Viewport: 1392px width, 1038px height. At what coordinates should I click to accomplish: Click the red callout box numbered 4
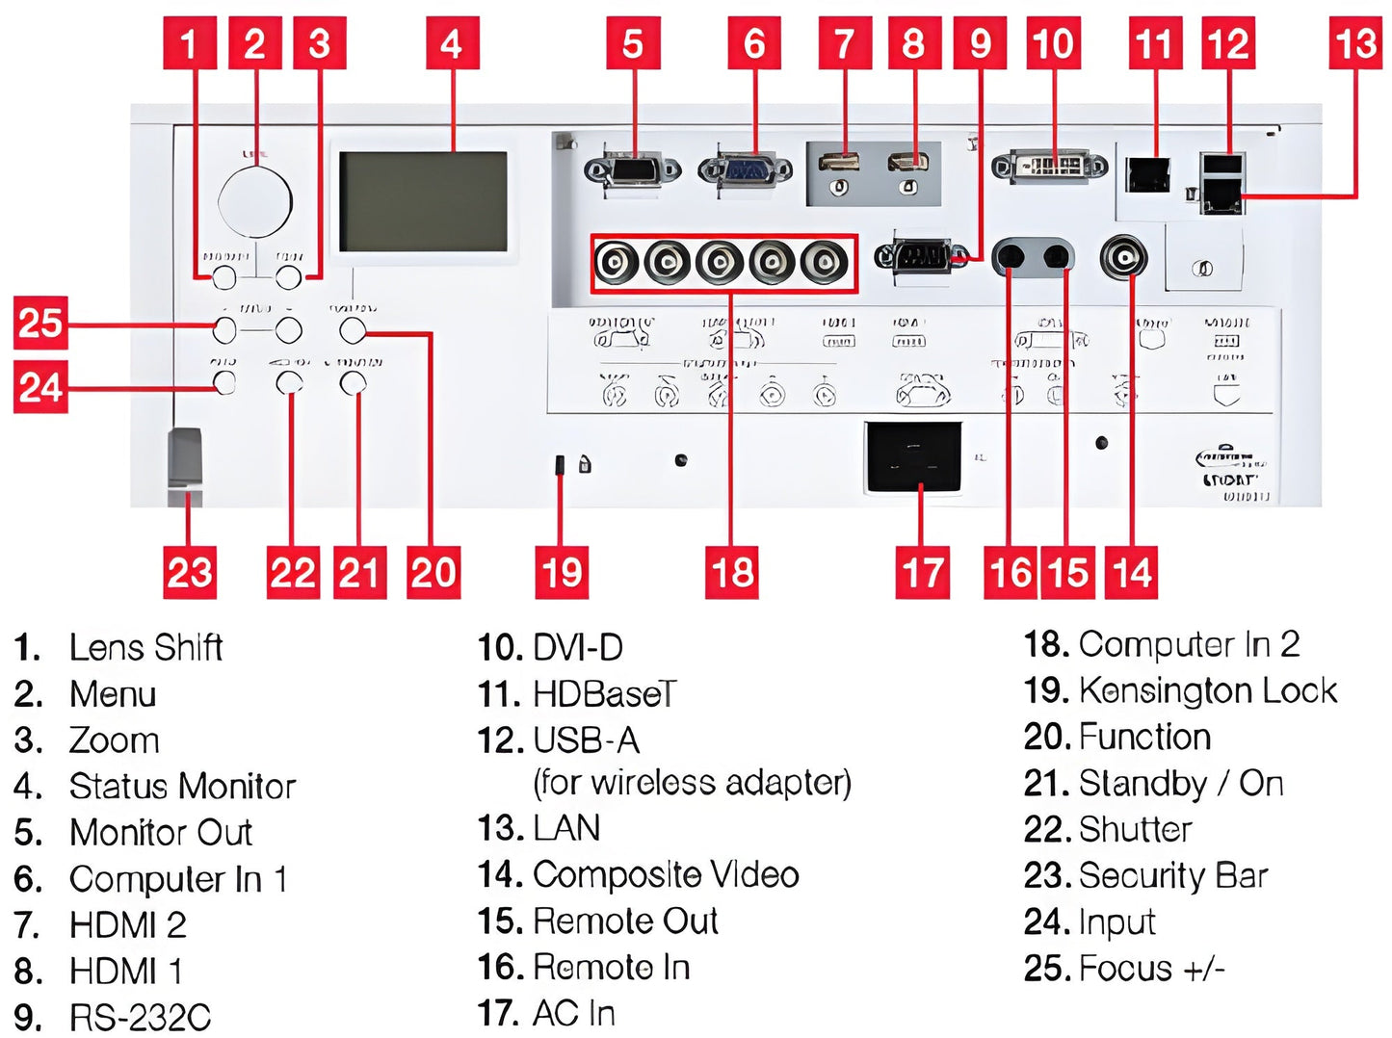[x=451, y=43]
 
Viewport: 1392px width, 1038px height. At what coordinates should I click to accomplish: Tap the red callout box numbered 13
[x=1355, y=43]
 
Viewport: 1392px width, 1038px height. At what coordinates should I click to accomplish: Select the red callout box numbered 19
[x=562, y=573]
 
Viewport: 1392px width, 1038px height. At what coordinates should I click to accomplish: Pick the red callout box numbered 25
[x=39, y=323]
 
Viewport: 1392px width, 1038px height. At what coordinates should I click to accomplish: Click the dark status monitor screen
[x=423, y=201]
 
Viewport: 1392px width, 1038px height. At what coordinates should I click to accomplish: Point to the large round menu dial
[x=254, y=200]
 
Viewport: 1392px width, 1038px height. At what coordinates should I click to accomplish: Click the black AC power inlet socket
[x=913, y=456]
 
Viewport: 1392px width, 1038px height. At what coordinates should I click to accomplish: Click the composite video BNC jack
[x=1125, y=258]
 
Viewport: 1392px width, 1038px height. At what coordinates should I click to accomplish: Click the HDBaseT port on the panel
[x=1148, y=174]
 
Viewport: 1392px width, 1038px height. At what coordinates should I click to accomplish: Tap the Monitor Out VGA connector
[x=633, y=171]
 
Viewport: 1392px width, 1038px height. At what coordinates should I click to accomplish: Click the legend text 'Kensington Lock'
[x=1208, y=690]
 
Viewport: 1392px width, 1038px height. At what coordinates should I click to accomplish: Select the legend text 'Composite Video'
[x=666, y=875]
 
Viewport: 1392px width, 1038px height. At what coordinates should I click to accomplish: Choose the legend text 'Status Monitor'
[x=182, y=787]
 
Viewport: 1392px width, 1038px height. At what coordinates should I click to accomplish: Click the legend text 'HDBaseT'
[x=605, y=694]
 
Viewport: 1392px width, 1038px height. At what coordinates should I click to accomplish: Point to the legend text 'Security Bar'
[x=1172, y=875]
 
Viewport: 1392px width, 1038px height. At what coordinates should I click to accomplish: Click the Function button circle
[x=353, y=331]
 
